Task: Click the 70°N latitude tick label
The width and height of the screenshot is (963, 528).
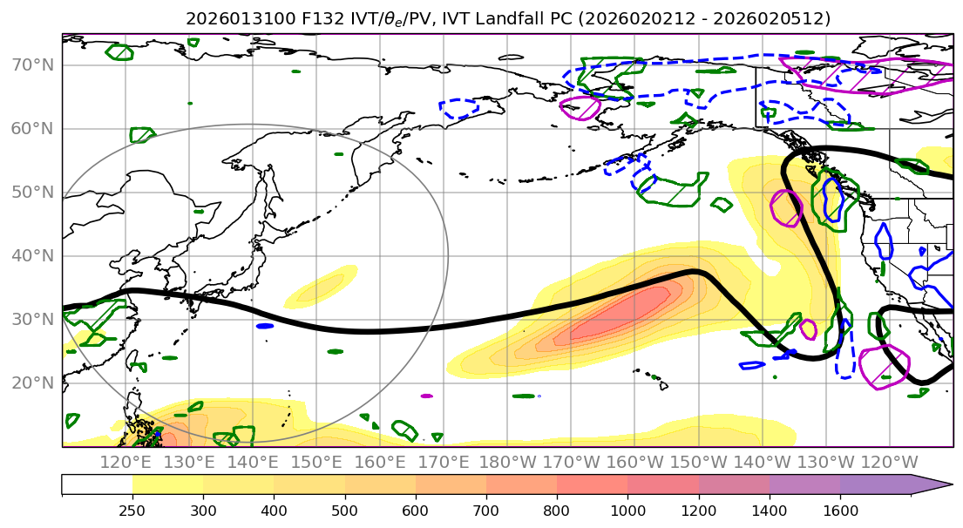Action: coord(32,65)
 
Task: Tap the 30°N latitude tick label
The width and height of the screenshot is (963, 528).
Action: coord(32,320)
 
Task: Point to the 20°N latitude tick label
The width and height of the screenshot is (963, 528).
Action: coord(32,383)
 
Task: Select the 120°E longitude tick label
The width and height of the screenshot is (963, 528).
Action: coord(127,462)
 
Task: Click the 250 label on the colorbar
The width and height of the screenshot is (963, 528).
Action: coord(132,509)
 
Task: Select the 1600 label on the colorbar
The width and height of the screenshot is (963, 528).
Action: coord(840,509)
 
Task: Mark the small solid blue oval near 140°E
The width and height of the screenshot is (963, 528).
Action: coord(265,326)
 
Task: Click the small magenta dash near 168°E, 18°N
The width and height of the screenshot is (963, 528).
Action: coord(426,396)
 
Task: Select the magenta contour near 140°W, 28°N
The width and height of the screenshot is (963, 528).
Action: coord(808,329)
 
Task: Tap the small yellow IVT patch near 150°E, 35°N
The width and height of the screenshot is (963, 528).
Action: coord(321,287)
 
